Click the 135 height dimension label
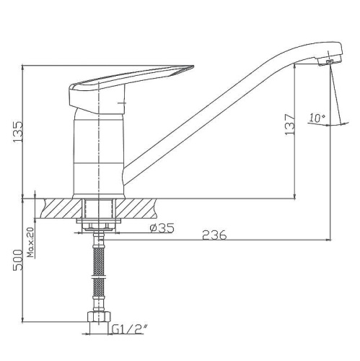(x=18, y=132)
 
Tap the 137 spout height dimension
(x=289, y=124)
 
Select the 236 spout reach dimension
(x=214, y=235)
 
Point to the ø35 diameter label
(x=162, y=228)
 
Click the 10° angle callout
(x=317, y=118)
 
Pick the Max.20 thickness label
(x=30, y=242)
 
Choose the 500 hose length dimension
(x=18, y=260)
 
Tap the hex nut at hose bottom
(x=99, y=317)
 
